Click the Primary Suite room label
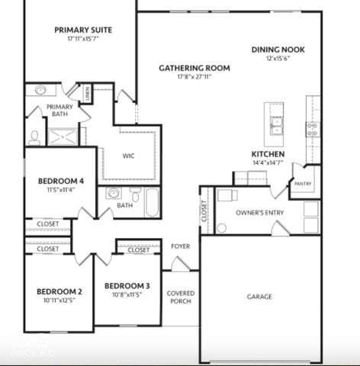tap(83, 30)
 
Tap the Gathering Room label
tap(194, 68)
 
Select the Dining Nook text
tap(278, 50)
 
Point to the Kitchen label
tap(268, 154)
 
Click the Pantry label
tap(303, 184)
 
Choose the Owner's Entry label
tap(260, 212)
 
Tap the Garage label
tap(259, 297)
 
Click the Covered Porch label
tap(180, 297)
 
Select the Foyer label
tap(180, 246)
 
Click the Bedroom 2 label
tap(59, 291)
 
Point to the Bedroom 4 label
tap(61, 181)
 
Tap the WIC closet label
tap(129, 156)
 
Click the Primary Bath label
tap(59, 111)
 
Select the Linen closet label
tap(89, 95)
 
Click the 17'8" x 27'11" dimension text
tap(194, 77)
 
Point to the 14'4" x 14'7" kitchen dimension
tap(268, 163)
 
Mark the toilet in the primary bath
tap(34, 138)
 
